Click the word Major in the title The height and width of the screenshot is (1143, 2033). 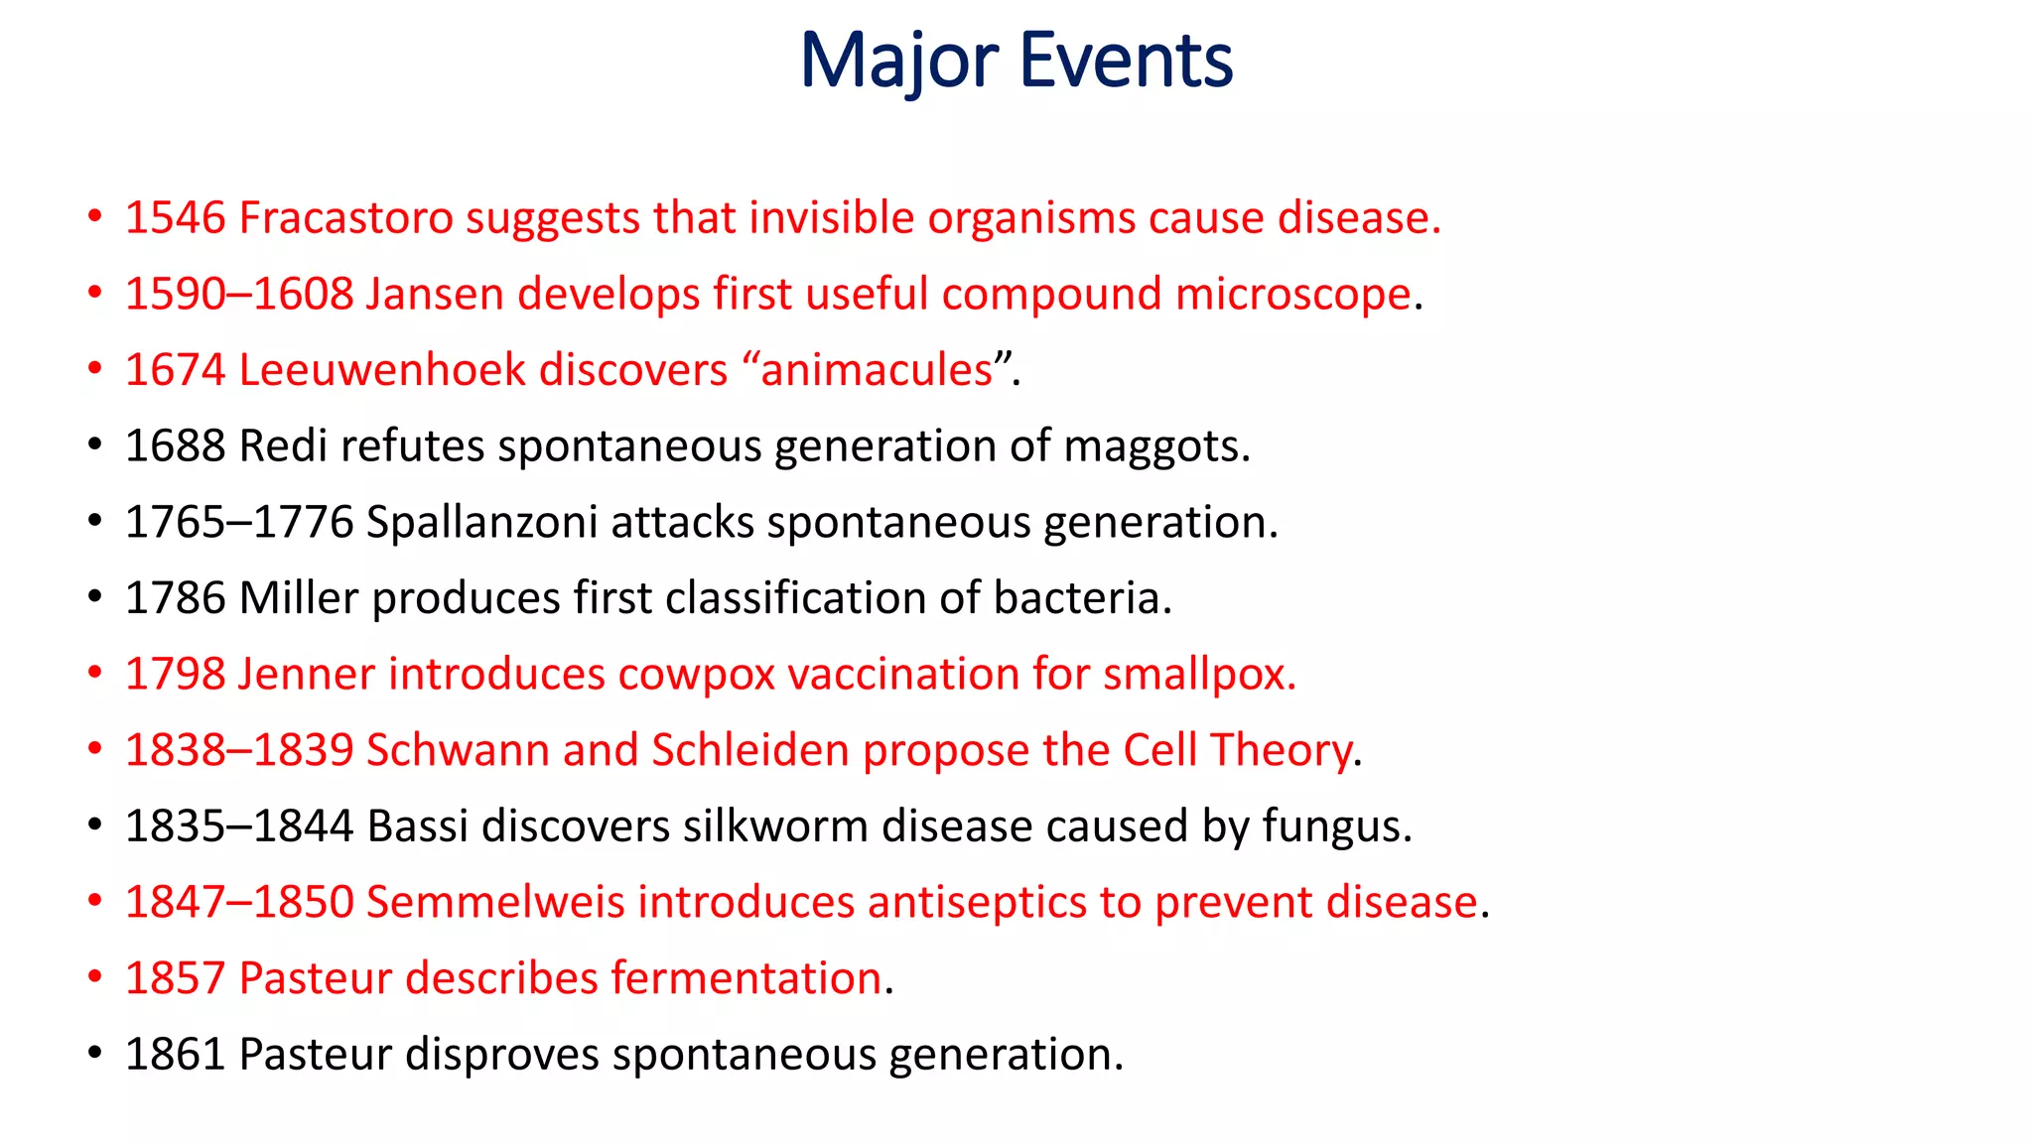(x=897, y=62)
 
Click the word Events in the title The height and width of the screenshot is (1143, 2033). (x=1126, y=62)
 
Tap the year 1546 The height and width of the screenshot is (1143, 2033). (x=176, y=218)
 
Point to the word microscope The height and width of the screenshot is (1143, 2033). (x=1292, y=295)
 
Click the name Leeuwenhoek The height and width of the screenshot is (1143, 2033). (x=382, y=370)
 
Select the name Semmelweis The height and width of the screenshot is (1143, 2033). (x=495, y=903)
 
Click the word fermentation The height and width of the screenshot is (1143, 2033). (x=746, y=978)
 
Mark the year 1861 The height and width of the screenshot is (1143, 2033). (x=176, y=1055)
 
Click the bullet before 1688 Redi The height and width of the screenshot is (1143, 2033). (x=94, y=444)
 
